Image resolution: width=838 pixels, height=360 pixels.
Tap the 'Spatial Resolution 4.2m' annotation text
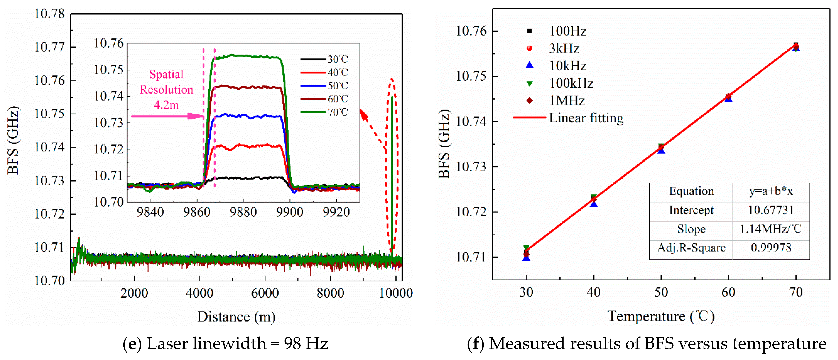[x=166, y=90]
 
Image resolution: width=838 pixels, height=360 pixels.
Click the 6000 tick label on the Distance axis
[x=265, y=293]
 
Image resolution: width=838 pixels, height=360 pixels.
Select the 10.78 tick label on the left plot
[x=49, y=14]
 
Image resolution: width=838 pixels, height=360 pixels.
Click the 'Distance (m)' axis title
[x=236, y=316]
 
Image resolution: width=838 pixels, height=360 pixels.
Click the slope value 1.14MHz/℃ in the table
[x=770, y=229]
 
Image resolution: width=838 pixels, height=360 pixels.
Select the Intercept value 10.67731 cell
[x=770, y=210]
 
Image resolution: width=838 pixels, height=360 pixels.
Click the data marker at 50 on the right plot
[x=661, y=148]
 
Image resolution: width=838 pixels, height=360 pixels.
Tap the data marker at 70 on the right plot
[x=796, y=47]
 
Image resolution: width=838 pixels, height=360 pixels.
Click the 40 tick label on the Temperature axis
[x=593, y=292]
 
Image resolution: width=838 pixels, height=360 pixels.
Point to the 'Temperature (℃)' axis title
[x=660, y=316]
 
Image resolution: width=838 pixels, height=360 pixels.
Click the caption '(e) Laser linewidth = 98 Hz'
[x=225, y=343]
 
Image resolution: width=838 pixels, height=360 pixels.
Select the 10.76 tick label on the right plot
[x=471, y=31]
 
